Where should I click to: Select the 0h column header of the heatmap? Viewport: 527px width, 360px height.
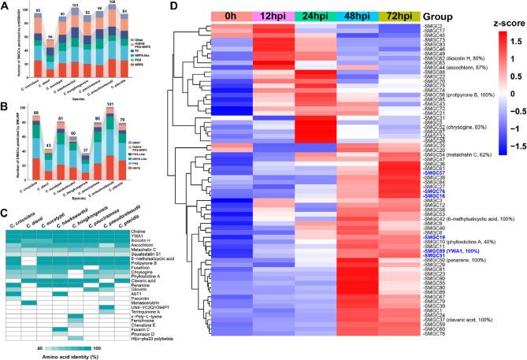232,16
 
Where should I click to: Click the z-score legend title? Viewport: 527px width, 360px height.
496,23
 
